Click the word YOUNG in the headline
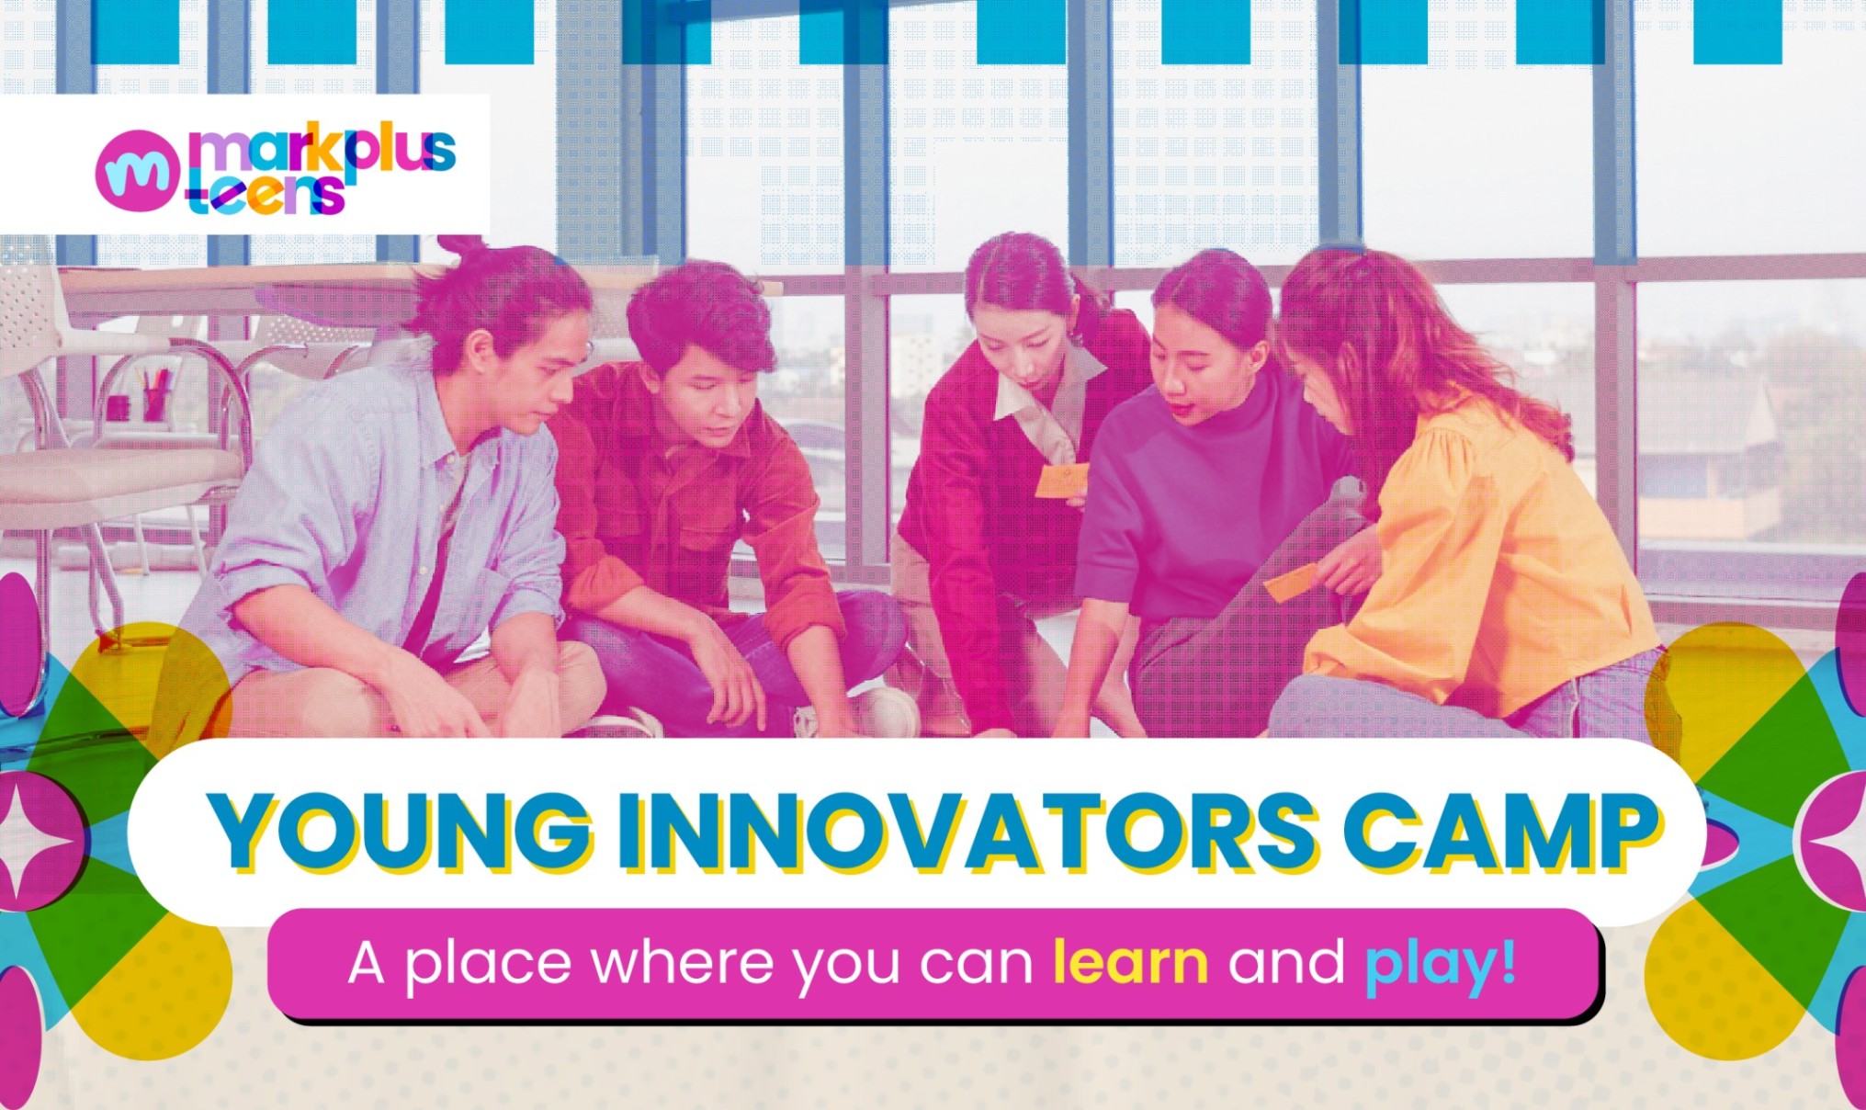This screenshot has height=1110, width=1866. pyautogui.click(x=401, y=831)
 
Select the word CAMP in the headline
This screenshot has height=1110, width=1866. pyautogui.click(x=1501, y=831)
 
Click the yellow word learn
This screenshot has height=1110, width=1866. pyautogui.click(x=1130, y=962)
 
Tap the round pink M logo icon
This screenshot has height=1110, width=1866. pyautogui.click(x=137, y=170)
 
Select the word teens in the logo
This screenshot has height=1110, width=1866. pyautogui.click(x=266, y=194)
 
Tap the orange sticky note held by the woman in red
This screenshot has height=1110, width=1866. pyautogui.click(x=1062, y=481)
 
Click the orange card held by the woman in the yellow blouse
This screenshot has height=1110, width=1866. pyautogui.click(x=1292, y=583)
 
